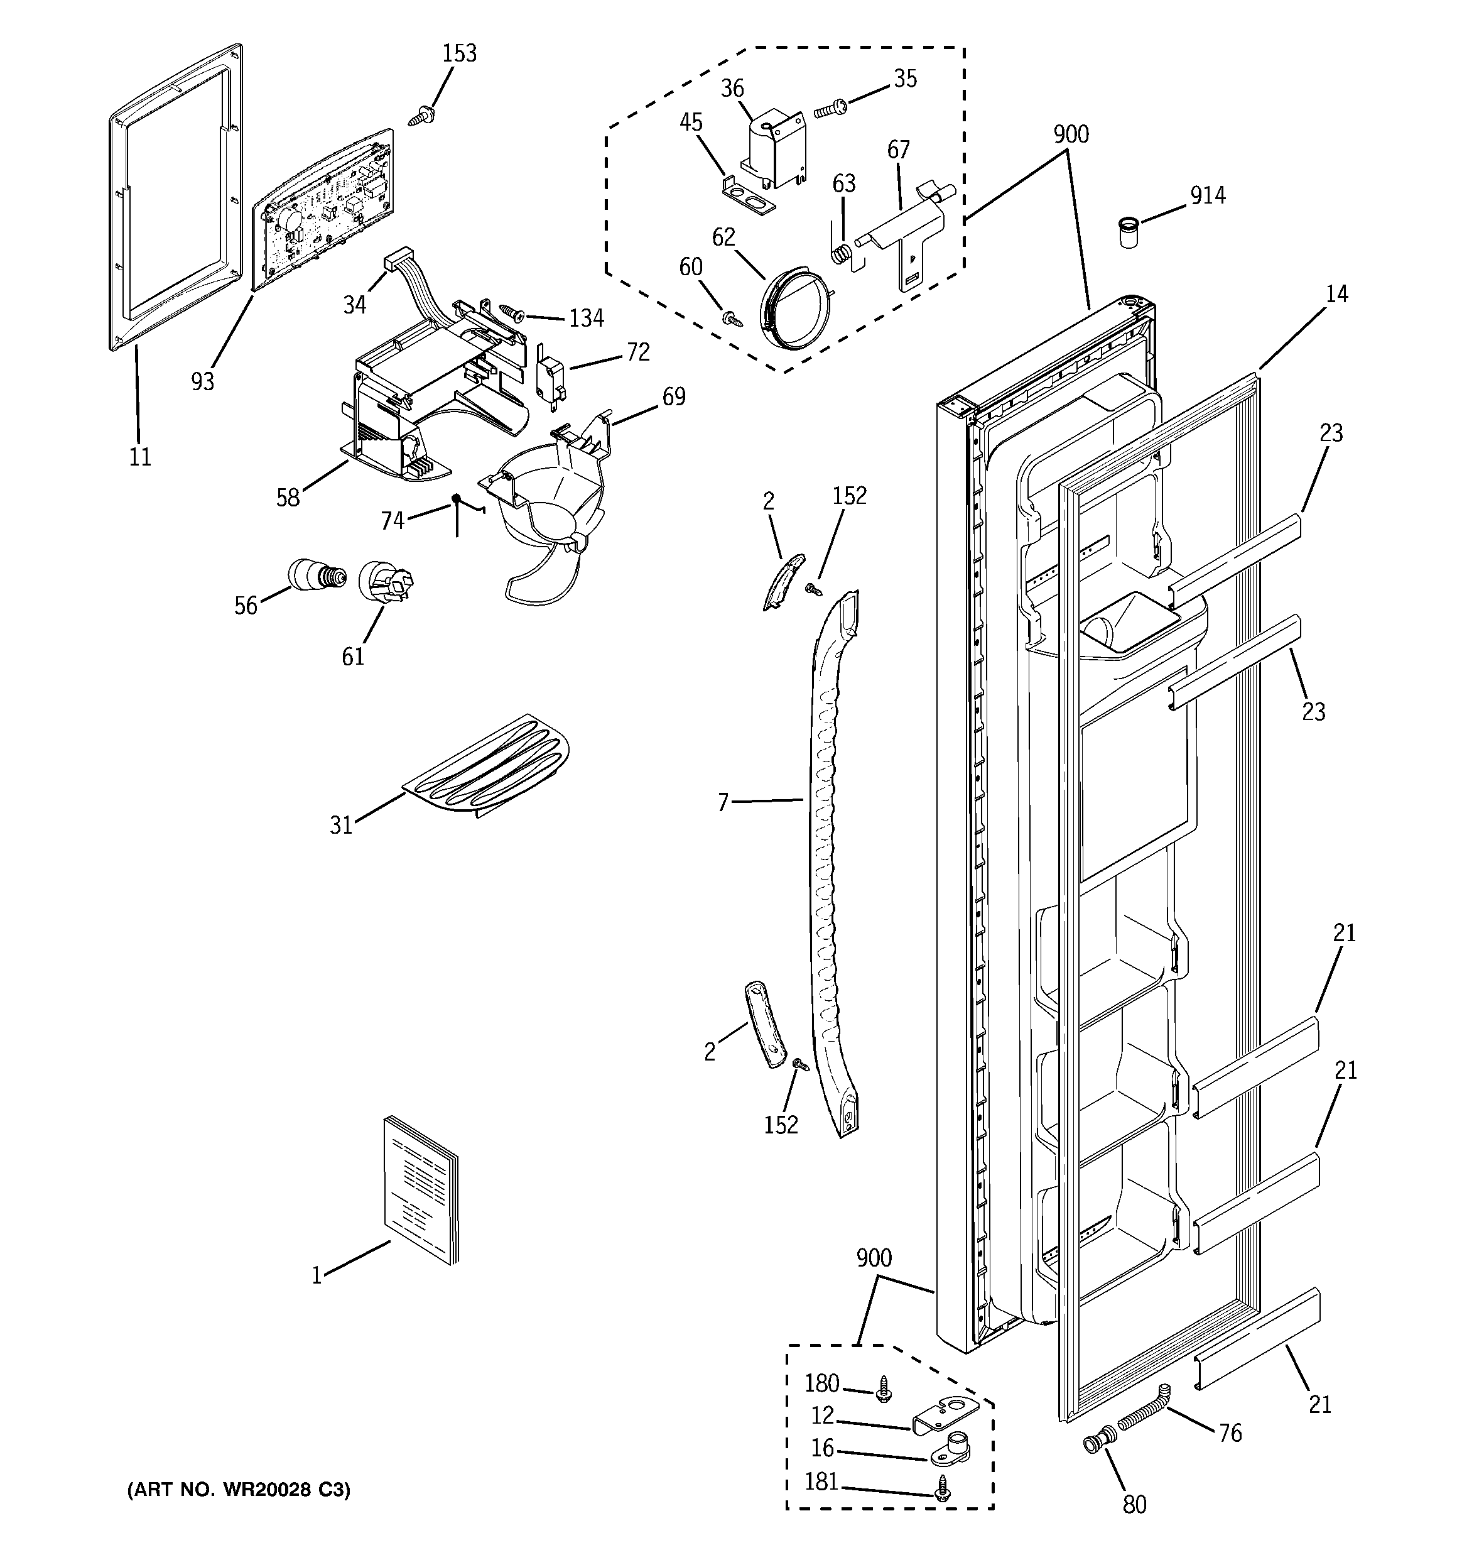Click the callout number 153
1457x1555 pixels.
point(459,53)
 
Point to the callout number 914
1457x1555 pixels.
point(1208,195)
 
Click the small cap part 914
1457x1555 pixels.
point(1126,233)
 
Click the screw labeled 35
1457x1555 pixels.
point(831,109)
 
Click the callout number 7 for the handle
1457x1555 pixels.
point(723,802)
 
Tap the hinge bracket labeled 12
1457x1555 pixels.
point(945,1414)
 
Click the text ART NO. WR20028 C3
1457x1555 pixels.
point(239,1490)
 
